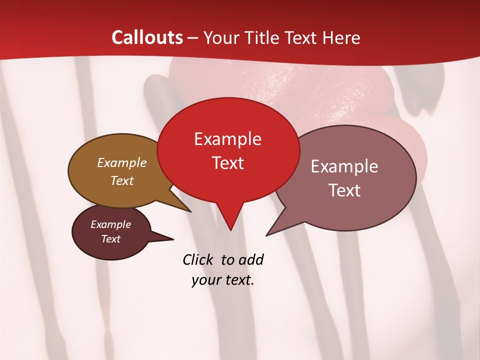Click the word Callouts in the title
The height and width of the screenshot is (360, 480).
tap(147, 37)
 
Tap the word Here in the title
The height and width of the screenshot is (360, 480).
tap(342, 37)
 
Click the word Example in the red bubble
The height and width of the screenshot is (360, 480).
tap(227, 139)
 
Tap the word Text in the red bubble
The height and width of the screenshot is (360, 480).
tap(227, 163)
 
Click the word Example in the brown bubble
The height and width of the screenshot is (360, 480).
tap(122, 163)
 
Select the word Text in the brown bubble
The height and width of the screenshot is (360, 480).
tap(122, 180)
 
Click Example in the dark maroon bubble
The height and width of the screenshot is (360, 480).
tap(110, 224)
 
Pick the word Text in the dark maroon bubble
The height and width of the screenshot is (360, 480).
tap(110, 239)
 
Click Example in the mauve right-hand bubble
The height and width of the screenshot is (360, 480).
tap(344, 166)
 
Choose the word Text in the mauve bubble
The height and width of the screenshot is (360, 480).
tap(344, 190)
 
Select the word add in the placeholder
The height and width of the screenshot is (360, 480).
tap(251, 260)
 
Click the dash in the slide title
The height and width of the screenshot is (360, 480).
tap(193, 38)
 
